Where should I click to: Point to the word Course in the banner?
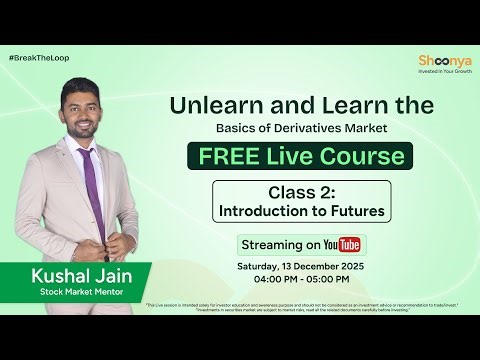[x=361, y=156]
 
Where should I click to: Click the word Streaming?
[x=269, y=245]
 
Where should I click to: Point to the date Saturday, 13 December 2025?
[x=301, y=266]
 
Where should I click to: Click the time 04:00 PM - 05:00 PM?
[x=301, y=281]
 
